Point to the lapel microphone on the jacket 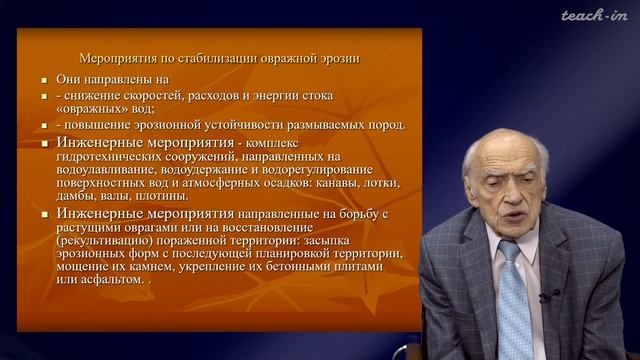coord(545,296)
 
